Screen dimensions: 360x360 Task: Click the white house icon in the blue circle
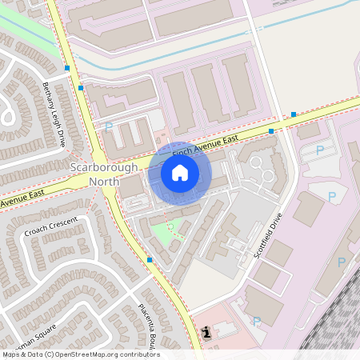coord(180,173)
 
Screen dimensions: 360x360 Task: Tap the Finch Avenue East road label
coord(206,144)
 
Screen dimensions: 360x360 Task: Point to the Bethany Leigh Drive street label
coord(54,114)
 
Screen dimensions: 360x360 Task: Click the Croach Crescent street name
coord(51,226)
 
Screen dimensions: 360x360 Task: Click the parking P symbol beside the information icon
coord(257,322)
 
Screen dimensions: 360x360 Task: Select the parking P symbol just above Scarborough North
coord(109,127)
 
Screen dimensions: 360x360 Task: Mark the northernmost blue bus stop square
coord(67,68)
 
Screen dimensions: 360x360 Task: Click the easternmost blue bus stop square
coord(294,114)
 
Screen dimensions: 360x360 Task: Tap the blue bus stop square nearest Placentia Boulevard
coord(150,259)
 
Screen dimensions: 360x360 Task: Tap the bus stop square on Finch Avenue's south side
coord(271,130)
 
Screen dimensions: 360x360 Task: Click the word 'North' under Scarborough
coord(104,181)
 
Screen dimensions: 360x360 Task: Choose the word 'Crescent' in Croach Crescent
coord(63,222)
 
